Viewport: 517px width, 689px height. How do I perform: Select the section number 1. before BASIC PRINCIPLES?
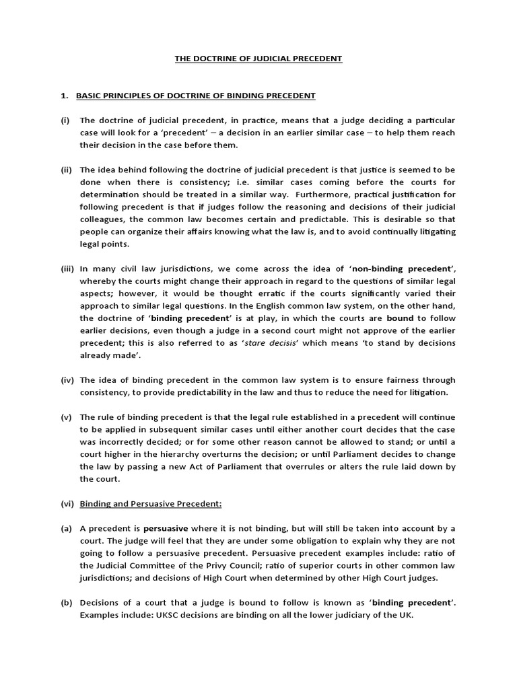click(x=65, y=96)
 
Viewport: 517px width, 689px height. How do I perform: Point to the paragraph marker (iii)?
click(x=67, y=268)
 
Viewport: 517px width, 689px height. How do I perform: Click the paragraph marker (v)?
click(x=65, y=416)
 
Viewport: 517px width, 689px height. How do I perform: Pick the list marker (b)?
click(x=66, y=602)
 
